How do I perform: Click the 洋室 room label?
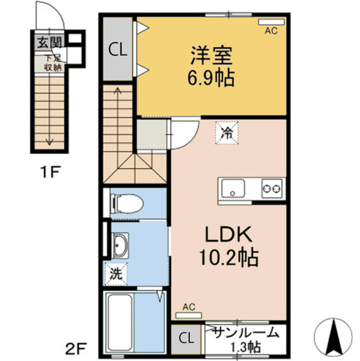tap(211, 55)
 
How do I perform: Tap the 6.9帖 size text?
tap(211, 78)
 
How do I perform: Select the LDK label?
tap(228, 234)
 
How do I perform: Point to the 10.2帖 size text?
tap(228, 257)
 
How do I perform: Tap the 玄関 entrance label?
tap(50, 42)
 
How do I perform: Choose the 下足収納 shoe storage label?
tap(53, 63)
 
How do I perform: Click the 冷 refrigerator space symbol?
tap(227, 133)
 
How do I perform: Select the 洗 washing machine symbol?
tap(116, 274)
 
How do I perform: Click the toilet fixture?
tap(127, 203)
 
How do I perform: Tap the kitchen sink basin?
tap(233, 188)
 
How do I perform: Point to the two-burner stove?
tap(272, 189)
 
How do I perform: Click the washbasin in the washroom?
tap(120, 245)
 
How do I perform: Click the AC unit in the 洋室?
tap(271, 22)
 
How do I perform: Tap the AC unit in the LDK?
tap(189, 315)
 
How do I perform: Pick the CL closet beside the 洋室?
tap(118, 49)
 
